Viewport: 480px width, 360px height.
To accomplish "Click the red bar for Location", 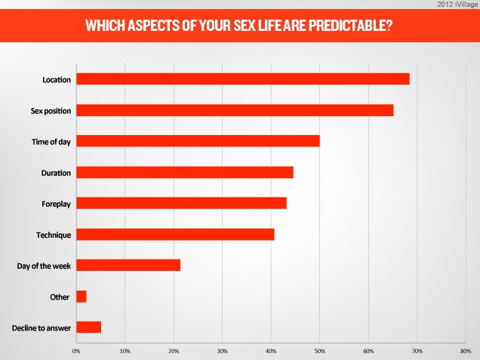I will coord(242,78).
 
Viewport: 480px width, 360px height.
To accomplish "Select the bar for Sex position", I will coord(235,110).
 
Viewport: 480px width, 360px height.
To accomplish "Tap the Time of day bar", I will coord(198,141).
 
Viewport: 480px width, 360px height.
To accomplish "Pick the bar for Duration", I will coord(184,172).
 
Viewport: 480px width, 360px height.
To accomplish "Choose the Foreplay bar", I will coord(181,203).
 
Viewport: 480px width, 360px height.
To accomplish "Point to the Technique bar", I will coord(175,235).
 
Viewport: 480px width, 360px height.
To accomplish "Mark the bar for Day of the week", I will coord(128,266).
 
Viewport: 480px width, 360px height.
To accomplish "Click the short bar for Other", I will coord(82,297).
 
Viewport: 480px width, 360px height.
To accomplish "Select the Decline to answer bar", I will coord(88,328).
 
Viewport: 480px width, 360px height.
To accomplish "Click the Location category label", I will coord(57,79).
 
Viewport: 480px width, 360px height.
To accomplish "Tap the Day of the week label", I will coord(44,266).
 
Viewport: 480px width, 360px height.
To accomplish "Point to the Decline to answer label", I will coord(42,328).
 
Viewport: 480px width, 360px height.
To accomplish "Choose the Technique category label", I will coord(54,235).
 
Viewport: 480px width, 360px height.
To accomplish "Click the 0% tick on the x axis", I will coord(76,351).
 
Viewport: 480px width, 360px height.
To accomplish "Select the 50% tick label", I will coord(319,351).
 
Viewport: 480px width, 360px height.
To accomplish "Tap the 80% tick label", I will coord(465,351).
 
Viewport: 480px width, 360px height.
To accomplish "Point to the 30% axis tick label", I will coord(222,351).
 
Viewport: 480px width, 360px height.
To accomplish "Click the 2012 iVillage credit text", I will coord(456,5).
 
